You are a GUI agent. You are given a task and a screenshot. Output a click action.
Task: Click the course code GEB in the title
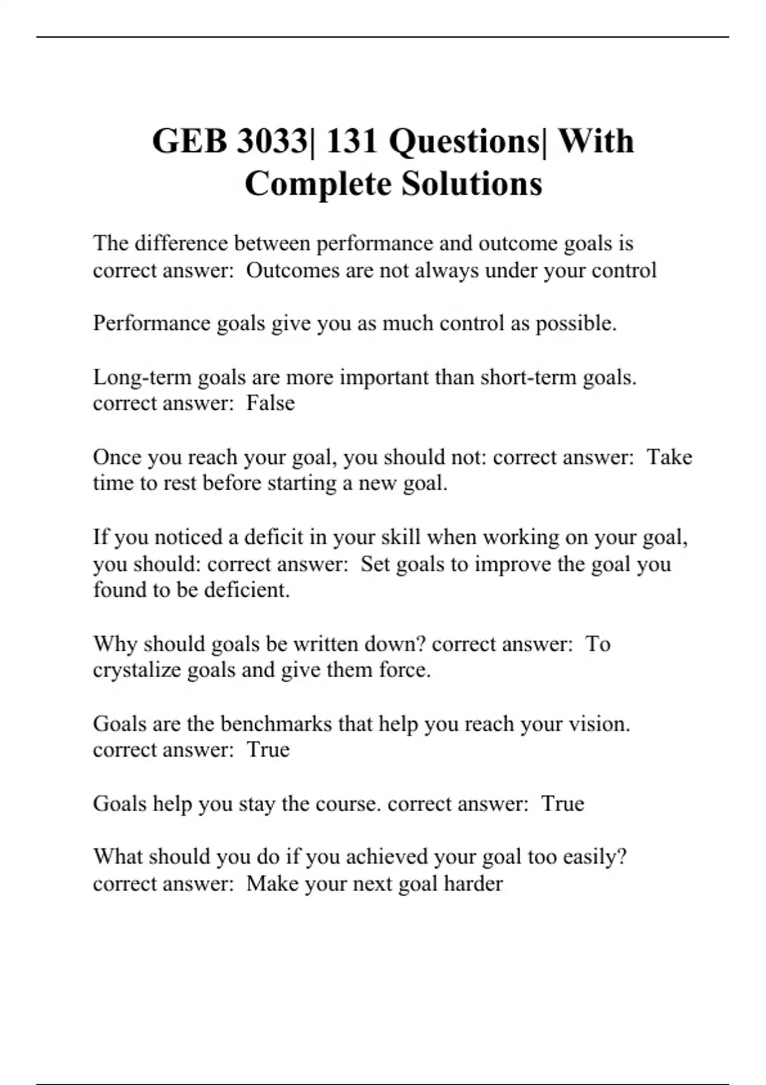tap(190, 142)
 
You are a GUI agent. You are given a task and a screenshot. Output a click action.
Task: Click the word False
tap(271, 403)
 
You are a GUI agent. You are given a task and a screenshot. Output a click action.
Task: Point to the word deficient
tap(246, 590)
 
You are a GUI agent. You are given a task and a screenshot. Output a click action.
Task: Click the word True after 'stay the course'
tap(562, 804)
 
